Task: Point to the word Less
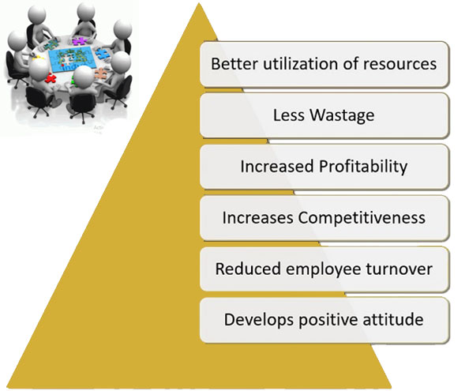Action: (289, 115)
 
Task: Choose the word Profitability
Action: (363, 167)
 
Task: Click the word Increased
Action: (277, 167)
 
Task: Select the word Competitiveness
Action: (362, 218)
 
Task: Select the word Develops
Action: (259, 320)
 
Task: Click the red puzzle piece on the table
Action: (51, 78)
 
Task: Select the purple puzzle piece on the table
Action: (79, 41)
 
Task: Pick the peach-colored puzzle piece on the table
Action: (100, 73)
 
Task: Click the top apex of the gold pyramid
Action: (199, 3)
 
